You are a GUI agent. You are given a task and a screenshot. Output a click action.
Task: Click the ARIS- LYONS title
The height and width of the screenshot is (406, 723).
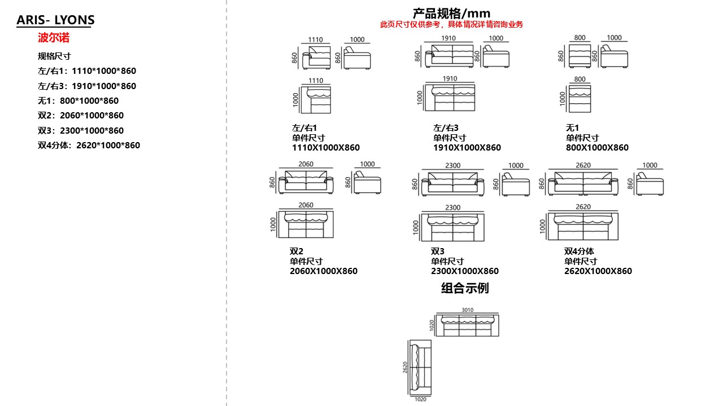(55, 20)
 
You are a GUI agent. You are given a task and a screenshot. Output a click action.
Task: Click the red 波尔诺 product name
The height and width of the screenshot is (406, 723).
(54, 38)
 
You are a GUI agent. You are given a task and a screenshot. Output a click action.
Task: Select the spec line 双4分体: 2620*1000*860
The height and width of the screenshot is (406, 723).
(89, 145)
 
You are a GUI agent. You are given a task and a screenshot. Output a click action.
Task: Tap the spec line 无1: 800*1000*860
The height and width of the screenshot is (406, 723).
(78, 101)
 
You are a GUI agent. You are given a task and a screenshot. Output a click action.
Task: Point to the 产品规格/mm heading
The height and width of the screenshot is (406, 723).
(451, 13)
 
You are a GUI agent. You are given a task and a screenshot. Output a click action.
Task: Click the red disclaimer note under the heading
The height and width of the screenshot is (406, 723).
(451, 24)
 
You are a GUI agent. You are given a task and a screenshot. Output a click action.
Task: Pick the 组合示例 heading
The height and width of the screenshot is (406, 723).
(465, 288)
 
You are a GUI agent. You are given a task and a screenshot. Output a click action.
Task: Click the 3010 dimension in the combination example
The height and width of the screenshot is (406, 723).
(468, 310)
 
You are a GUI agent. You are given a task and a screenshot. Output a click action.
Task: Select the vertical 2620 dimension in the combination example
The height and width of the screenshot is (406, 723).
(404, 368)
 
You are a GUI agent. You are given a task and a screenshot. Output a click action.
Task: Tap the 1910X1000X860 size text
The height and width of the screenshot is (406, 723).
(467, 148)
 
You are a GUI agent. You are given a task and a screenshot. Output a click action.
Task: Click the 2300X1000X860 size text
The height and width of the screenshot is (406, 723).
(465, 271)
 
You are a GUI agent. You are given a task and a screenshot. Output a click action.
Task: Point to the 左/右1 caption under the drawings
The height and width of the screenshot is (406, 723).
(304, 128)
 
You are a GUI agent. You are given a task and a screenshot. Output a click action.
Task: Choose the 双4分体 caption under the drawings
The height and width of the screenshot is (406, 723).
(579, 251)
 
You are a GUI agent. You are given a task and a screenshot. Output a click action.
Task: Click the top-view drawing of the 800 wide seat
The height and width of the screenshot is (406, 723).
(580, 99)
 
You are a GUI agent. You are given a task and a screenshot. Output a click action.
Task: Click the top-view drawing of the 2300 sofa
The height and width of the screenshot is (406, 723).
(452, 227)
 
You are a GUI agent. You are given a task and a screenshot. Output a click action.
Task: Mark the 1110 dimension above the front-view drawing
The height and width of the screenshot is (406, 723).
(316, 40)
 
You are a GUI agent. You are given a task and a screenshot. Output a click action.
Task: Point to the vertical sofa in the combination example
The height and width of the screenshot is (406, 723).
(419, 368)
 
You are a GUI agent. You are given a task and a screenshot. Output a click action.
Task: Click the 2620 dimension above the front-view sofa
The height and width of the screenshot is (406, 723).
(583, 165)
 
